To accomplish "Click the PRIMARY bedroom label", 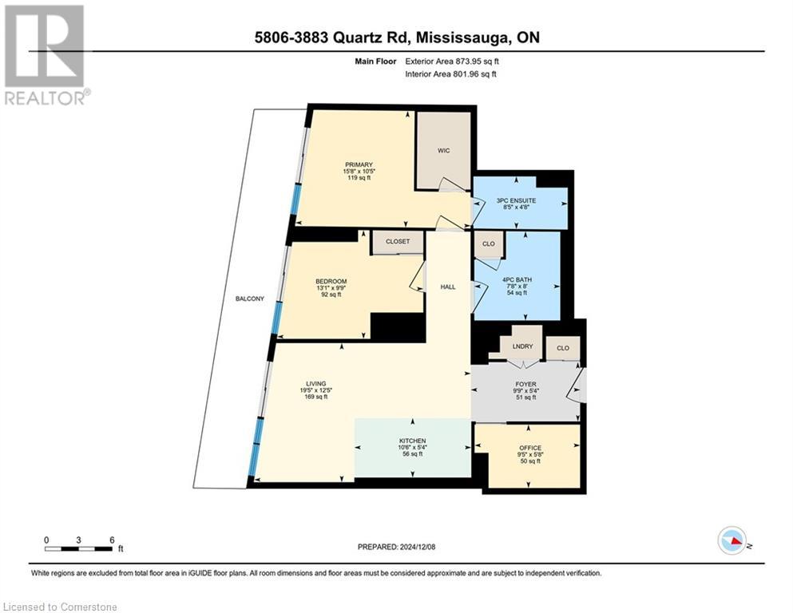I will (359, 165).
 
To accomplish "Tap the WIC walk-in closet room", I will (445, 150).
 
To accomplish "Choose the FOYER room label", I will (525, 382).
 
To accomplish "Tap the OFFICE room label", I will (529, 448).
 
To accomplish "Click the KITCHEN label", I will (412, 441).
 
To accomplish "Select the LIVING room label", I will (316, 383).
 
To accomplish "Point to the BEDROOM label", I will (331, 281).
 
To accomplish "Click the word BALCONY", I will (249, 299).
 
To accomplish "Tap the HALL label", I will (448, 287).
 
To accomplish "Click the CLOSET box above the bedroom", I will (397, 241).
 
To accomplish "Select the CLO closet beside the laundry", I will (563, 348).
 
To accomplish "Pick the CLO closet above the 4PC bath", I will (488, 244).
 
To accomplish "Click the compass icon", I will (732, 540).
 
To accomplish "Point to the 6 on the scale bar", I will (111, 539).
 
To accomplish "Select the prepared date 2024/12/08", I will (424, 547).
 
